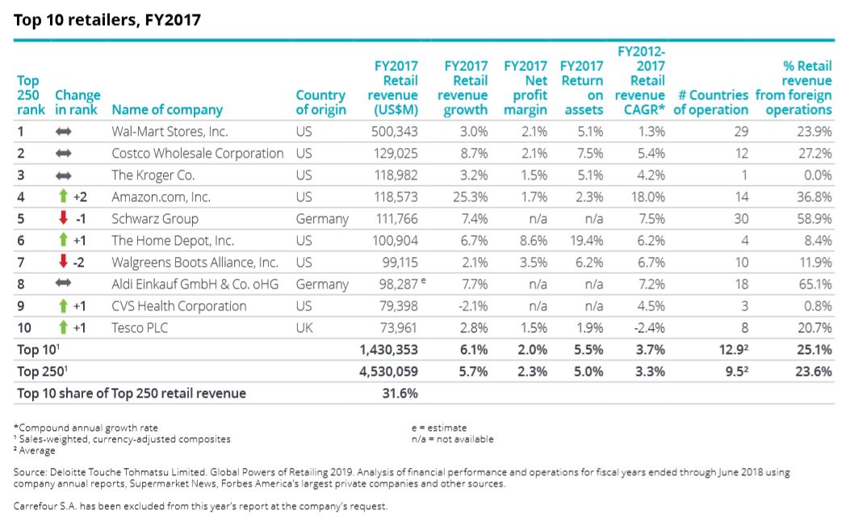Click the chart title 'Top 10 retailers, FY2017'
coord(107,20)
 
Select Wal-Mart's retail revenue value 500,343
coord(395,131)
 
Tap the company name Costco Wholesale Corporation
coord(197,153)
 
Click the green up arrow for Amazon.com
coord(63,196)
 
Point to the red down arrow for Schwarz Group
coord(63,218)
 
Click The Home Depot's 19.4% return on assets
coord(587,240)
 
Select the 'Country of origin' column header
coord(321,102)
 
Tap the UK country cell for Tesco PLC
coord(304,327)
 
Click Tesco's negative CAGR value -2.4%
coord(649,327)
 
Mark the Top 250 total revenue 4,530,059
coord(388,371)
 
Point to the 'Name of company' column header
coord(167,109)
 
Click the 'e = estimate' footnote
coord(438,428)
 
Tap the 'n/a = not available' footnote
coord(452,439)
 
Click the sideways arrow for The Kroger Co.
coord(64,175)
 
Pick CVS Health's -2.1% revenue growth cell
coord(472,306)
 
